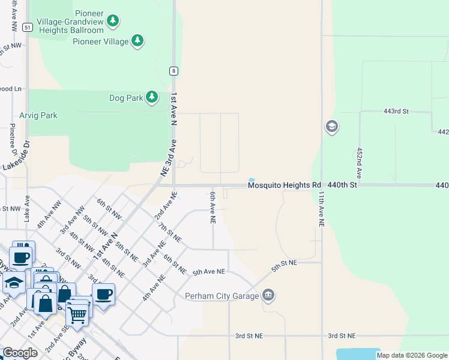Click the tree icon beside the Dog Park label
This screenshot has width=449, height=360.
[152, 97]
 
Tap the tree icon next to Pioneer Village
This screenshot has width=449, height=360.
[138, 41]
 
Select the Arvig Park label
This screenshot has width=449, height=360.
[38, 115]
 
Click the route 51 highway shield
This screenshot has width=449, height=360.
[27, 27]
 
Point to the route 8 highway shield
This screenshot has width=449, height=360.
[173, 71]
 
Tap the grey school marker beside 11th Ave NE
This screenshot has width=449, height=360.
[331, 127]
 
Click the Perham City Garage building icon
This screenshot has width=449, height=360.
[268, 295]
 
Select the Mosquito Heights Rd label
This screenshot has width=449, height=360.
[285, 186]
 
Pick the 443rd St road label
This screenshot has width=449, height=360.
[396, 112]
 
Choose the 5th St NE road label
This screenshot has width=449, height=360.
[284, 263]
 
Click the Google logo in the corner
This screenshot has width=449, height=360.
[20, 353]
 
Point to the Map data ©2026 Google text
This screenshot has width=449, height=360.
[412, 355]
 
